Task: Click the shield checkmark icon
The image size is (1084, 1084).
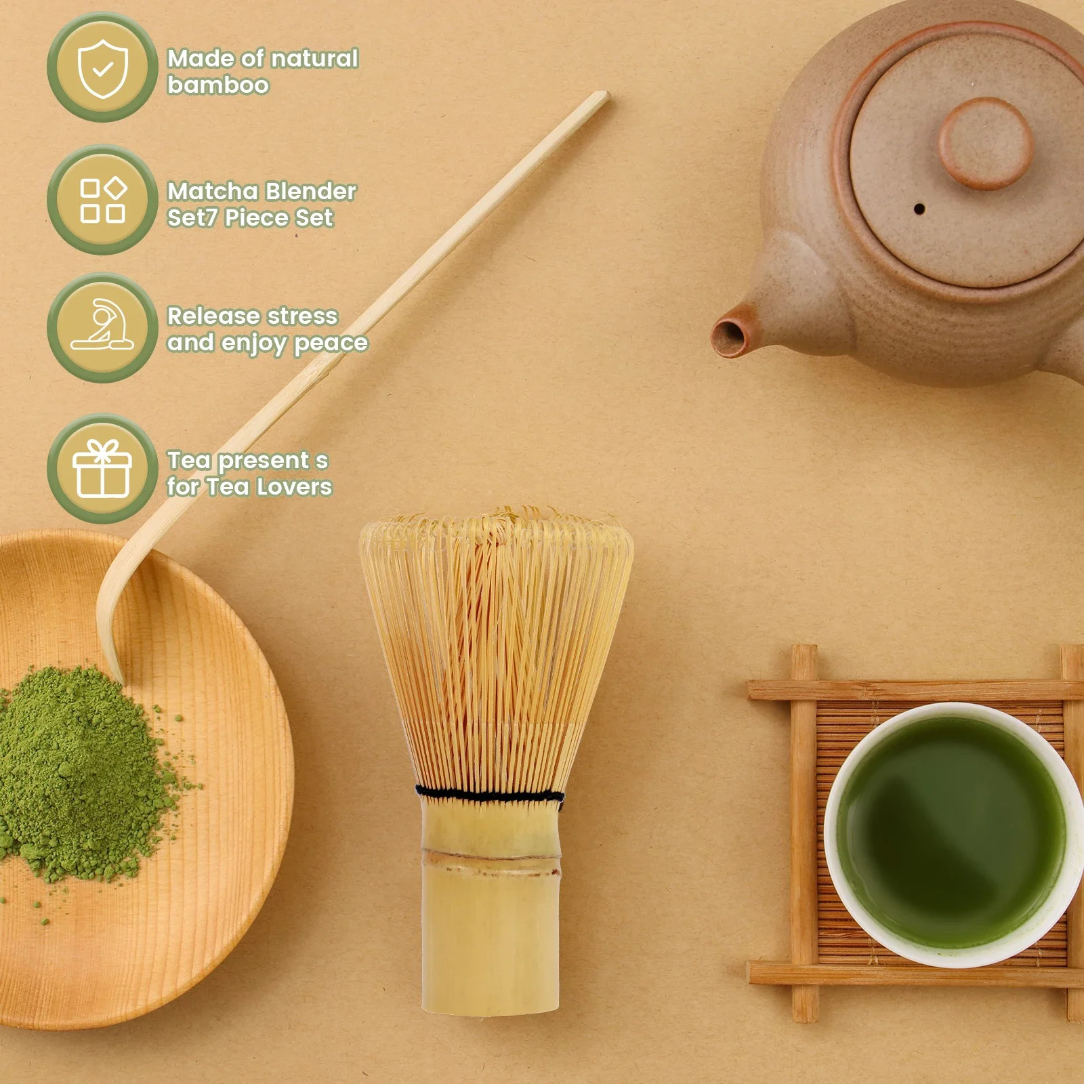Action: tap(102, 68)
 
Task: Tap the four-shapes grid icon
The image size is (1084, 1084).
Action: tap(103, 200)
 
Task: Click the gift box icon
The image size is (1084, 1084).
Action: tap(102, 468)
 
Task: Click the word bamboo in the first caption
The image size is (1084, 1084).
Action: tap(218, 85)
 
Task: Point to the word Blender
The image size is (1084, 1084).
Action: tap(310, 191)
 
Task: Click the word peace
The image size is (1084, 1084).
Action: tap(331, 343)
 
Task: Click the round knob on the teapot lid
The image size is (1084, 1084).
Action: tap(986, 143)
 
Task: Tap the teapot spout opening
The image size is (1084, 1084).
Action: tap(729, 337)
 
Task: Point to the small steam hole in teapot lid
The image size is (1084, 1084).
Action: tap(919, 209)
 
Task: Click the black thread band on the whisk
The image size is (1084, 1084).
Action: tap(489, 793)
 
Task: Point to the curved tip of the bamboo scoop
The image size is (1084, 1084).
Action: tap(108, 644)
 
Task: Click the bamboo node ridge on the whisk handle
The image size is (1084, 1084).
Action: tap(491, 855)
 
